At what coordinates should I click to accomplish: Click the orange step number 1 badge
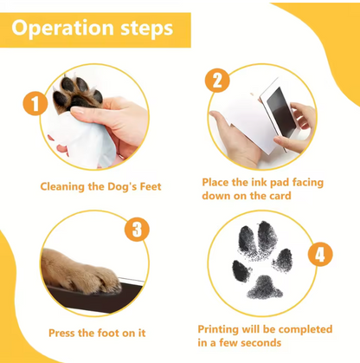click(35, 107)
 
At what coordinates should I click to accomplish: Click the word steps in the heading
click(143, 30)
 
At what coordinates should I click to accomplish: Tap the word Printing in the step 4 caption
click(220, 329)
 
